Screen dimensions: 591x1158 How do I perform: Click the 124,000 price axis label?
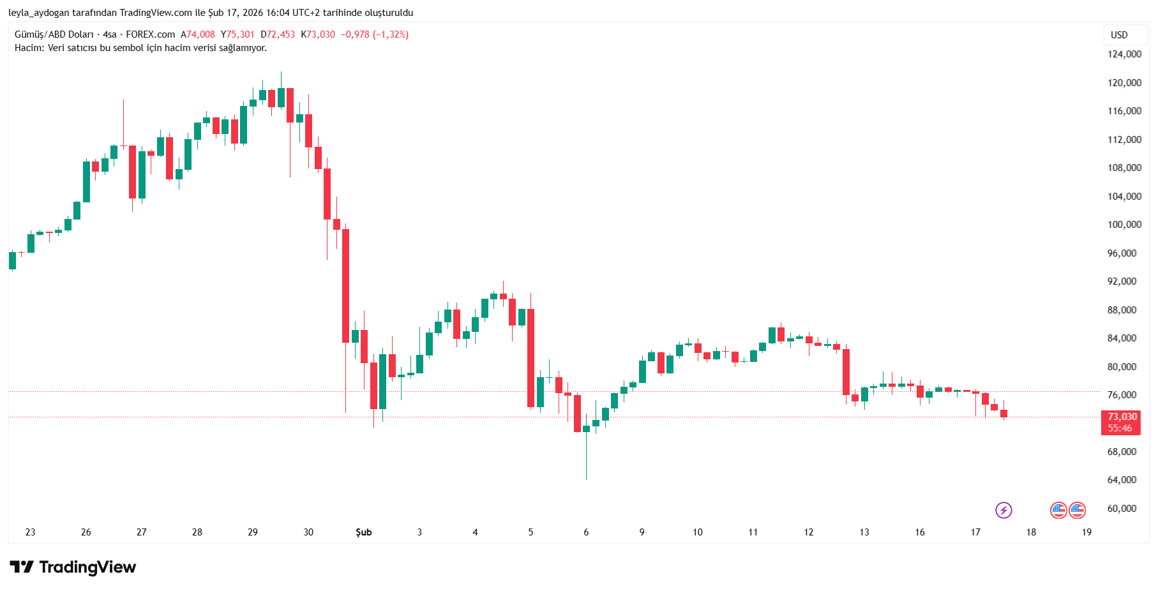[1124, 54]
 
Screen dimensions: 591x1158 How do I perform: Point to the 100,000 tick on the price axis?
[1124, 225]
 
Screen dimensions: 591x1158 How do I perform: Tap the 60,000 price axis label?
[1122, 509]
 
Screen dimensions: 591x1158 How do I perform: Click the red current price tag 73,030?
[1122, 417]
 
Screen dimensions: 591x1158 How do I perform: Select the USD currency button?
[1119, 35]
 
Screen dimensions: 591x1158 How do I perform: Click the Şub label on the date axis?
[364, 532]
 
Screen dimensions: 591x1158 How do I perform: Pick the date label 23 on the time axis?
[31, 532]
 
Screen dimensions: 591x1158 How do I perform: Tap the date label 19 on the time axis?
[1087, 532]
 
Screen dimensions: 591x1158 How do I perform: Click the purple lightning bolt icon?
[1004, 510]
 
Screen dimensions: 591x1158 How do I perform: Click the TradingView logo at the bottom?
[73, 567]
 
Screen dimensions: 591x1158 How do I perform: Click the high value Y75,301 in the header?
[237, 34]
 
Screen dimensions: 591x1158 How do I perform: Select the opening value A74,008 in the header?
[198, 34]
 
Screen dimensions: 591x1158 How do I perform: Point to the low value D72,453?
[278, 34]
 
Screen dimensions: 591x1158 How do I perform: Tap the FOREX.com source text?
[150, 34]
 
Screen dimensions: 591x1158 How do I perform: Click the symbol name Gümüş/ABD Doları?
[54, 34]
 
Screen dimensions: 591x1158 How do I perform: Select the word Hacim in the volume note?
[29, 48]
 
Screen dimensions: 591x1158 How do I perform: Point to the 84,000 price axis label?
[1122, 338]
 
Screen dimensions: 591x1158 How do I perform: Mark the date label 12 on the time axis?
[809, 532]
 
